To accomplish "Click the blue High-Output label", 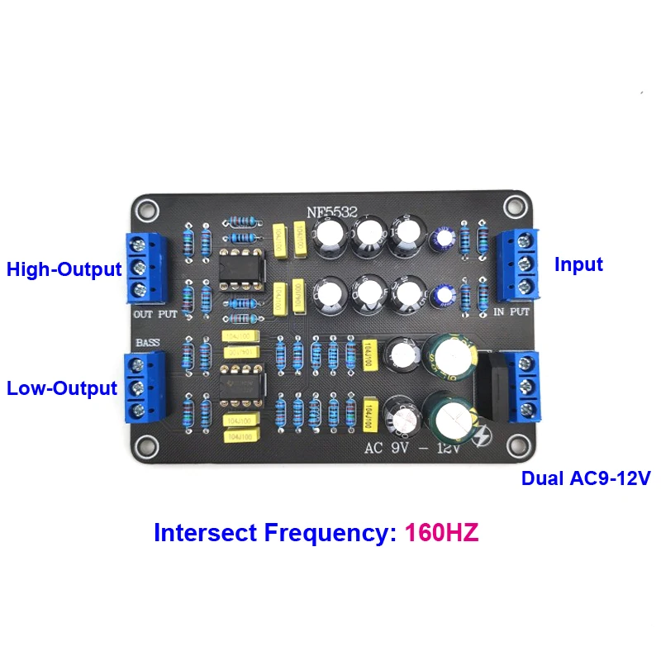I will (64, 269).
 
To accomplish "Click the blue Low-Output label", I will (61, 388).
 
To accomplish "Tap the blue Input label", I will (578, 264).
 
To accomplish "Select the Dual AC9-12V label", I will (586, 478).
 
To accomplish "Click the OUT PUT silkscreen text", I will (155, 315).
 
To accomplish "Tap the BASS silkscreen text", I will (148, 341).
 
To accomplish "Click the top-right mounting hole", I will (518, 206).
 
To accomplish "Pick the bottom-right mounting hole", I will (518, 446).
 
